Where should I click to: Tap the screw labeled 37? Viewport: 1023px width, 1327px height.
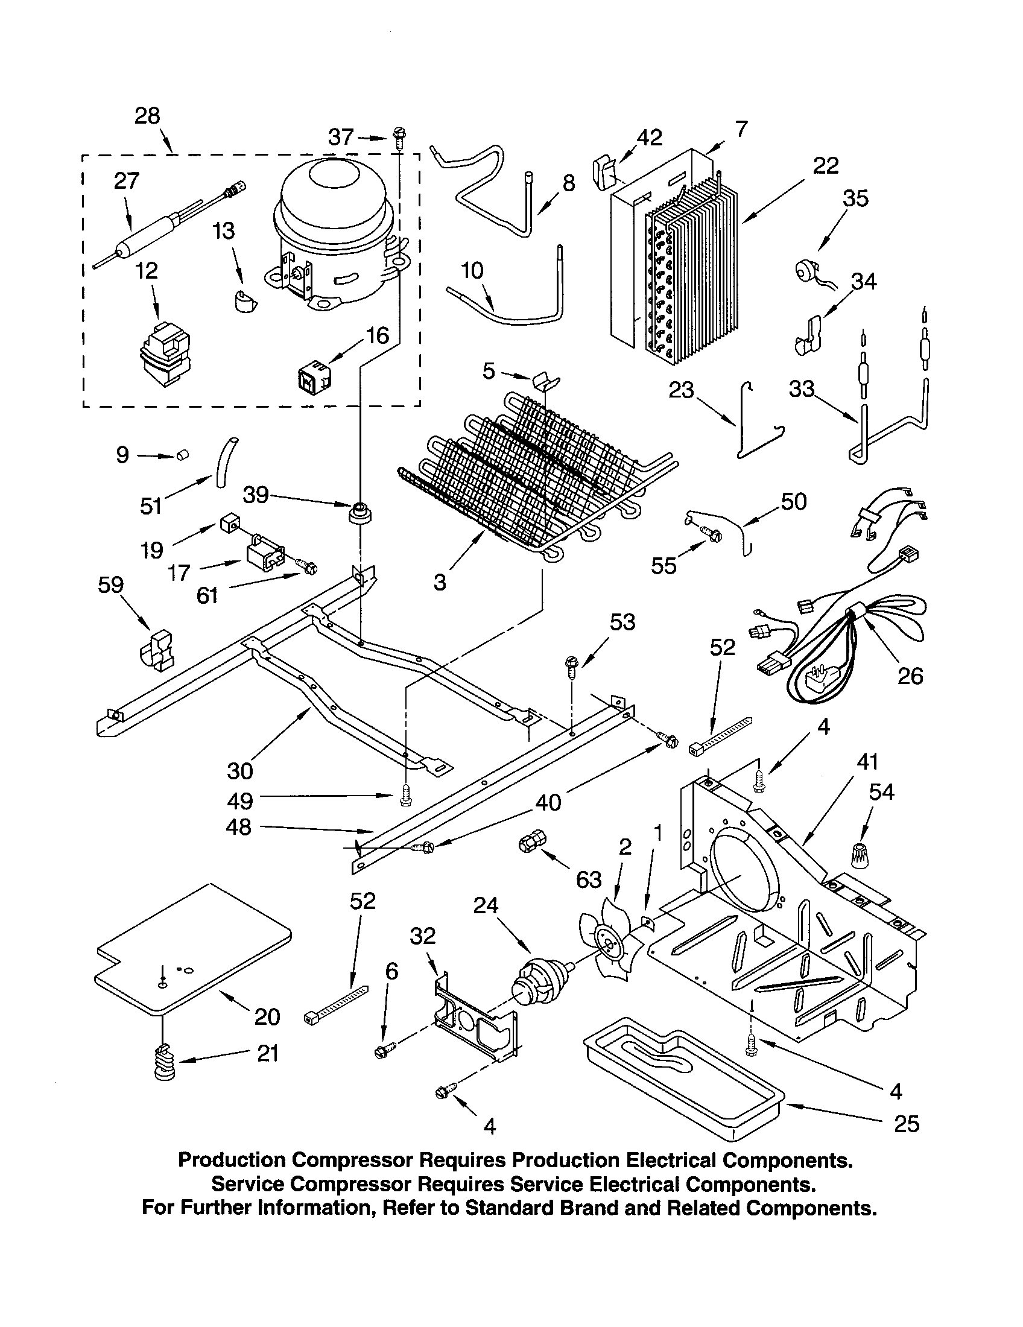[x=399, y=138]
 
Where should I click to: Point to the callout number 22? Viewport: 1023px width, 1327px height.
[x=826, y=165]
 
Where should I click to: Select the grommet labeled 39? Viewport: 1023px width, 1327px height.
[x=360, y=511]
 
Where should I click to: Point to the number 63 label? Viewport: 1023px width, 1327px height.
[x=588, y=879]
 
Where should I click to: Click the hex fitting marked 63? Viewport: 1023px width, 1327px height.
[x=531, y=844]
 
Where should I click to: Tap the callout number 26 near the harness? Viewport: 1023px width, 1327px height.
[x=910, y=676]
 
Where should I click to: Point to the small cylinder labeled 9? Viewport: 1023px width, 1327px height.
[x=181, y=454]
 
